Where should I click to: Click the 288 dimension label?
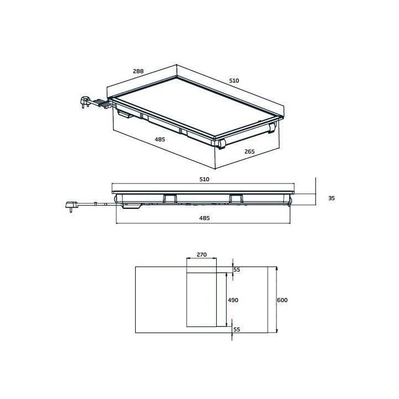(x=139, y=71)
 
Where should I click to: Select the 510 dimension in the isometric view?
(x=234, y=81)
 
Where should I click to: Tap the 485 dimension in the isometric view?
(x=160, y=140)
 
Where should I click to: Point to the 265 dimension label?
(x=249, y=151)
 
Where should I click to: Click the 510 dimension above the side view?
(x=204, y=180)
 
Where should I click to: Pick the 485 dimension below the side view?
(x=204, y=218)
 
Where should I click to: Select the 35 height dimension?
(x=331, y=198)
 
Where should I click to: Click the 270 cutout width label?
(x=202, y=255)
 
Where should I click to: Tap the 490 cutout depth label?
(x=233, y=300)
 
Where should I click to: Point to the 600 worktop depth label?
(x=283, y=300)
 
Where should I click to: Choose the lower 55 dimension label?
(x=237, y=329)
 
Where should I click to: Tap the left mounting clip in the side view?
(x=170, y=198)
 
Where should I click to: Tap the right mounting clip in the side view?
(x=236, y=198)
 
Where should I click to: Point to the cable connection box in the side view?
(x=131, y=206)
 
